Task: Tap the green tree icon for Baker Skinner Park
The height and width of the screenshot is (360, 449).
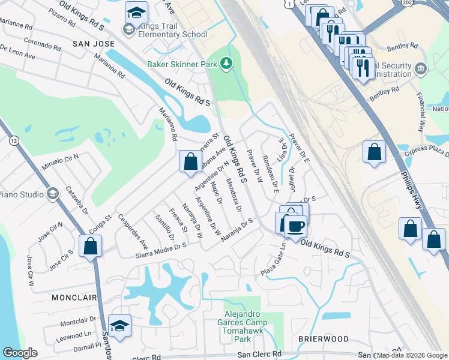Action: [226, 63]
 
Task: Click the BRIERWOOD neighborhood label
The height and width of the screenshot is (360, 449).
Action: [324, 339]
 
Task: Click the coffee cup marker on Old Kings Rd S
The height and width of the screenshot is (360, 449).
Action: [295, 227]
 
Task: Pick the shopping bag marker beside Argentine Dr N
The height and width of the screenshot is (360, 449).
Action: [190, 161]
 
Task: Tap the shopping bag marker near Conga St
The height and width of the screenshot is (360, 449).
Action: [90, 246]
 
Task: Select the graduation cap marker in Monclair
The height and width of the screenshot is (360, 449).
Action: [120, 326]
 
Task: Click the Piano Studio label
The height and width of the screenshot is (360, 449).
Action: [21, 194]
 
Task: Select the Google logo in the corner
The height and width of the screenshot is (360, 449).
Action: [20, 353]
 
